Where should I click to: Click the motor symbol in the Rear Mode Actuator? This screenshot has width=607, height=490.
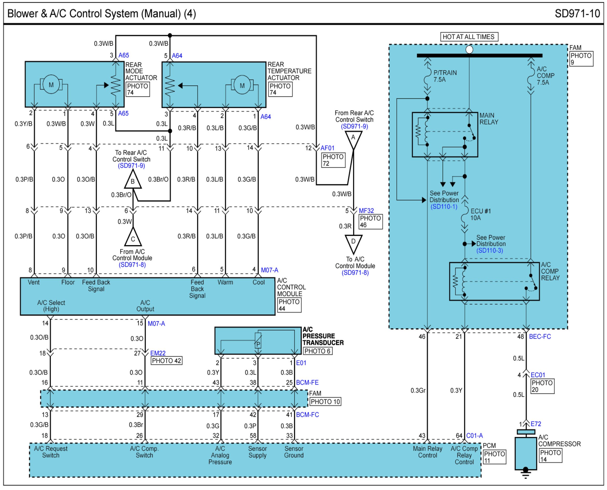point(51,84)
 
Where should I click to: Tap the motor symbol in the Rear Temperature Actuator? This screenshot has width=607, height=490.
point(242,85)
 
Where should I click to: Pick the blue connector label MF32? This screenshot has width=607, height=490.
point(366,210)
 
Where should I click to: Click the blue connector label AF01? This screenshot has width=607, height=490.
point(327,148)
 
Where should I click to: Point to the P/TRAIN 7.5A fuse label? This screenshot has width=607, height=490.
point(445,76)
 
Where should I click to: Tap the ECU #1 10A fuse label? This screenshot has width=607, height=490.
point(481,215)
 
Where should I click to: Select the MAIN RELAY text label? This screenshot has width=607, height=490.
point(489,119)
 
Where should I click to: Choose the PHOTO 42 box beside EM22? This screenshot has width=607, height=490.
point(166,361)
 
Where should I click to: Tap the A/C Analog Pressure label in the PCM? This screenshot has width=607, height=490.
point(220,455)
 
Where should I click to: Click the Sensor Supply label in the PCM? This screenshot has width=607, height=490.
point(257,452)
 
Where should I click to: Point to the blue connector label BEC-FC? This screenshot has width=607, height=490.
point(540,337)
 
